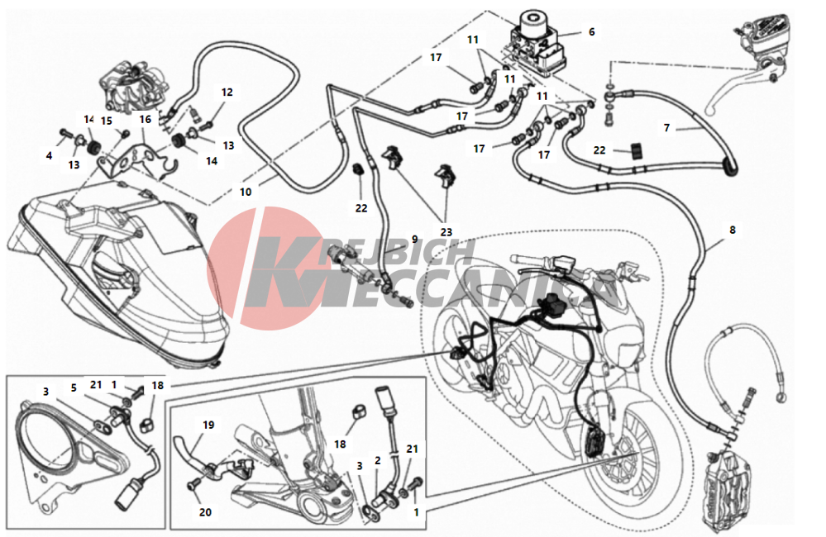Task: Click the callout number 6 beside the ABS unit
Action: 591,32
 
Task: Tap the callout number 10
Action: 246,192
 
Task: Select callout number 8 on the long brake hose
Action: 733,230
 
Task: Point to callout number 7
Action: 667,128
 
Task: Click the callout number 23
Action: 446,232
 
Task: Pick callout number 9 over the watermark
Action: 414,240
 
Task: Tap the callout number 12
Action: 227,93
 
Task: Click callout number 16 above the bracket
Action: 146,120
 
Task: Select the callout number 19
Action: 208,425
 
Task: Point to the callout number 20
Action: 205,512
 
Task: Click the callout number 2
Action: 378,461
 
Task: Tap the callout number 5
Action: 74,388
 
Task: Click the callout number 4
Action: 49,156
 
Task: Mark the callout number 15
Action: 107,121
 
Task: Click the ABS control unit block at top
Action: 537,45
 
